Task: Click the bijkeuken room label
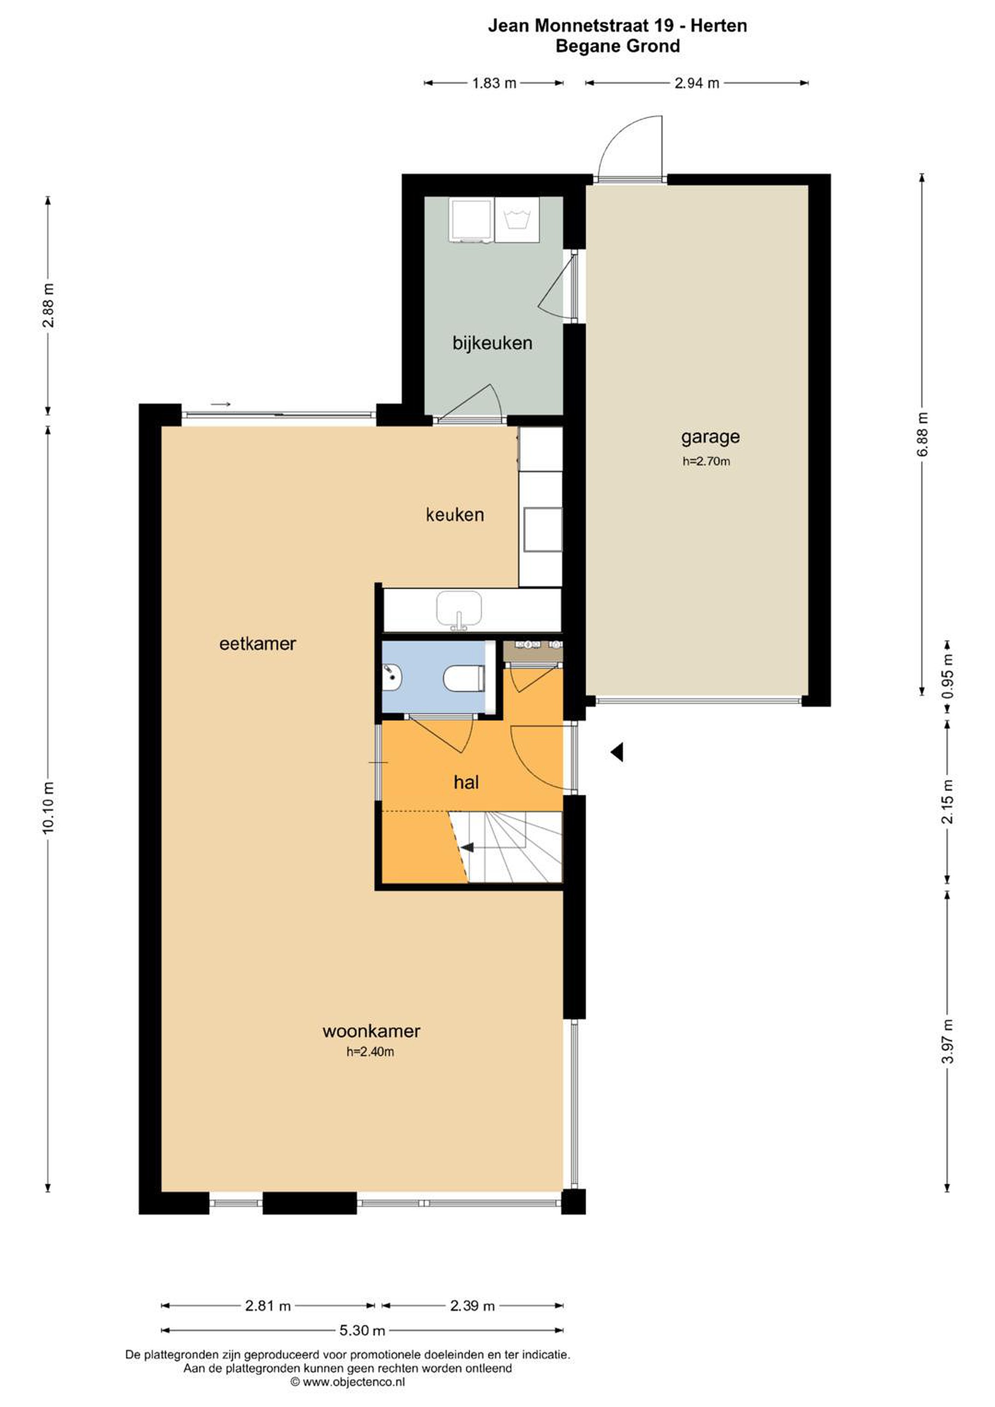pos(492,343)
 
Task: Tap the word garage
pos(710,438)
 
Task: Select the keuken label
pos(455,515)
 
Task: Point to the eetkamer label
pos(258,644)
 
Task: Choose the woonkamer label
pos(371,1031)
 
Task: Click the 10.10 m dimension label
pos(48,807)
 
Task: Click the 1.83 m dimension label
pos(494,84)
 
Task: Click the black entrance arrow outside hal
pos(617,752)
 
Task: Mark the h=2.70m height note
pos(706,462)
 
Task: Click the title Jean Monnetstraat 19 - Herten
pos(617,26)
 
